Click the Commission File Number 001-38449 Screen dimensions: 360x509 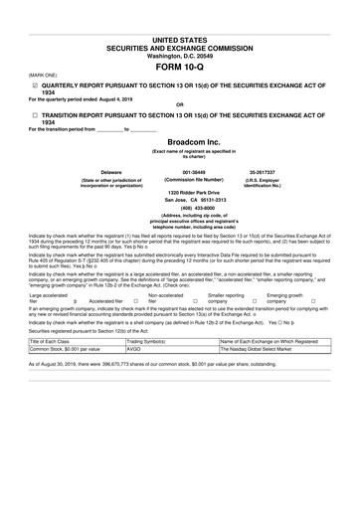179,171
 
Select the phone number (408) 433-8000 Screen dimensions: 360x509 179,207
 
